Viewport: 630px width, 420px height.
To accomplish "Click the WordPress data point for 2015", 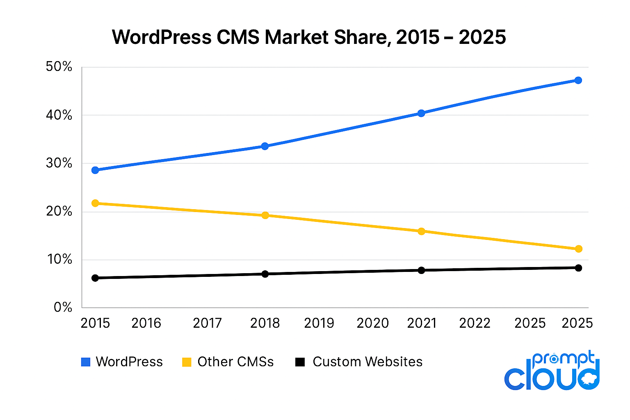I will (95, 170).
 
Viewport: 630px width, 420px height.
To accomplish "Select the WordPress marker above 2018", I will (265, 146).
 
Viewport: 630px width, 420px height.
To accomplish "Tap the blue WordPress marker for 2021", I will (421, 113).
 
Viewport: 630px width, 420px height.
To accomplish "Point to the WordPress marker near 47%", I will (578, 80).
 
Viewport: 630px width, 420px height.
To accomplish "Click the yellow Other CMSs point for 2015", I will (95, 203).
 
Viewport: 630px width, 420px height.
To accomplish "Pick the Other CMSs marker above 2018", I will (265, 215).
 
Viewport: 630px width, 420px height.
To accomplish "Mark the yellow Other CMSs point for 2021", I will (421, 231).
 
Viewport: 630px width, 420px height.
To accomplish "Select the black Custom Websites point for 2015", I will (95, 278).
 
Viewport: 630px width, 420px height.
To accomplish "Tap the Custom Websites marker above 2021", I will (421, 270).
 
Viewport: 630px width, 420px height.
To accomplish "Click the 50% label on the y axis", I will (59, 67).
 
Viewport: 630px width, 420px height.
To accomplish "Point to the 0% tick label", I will (63, 308).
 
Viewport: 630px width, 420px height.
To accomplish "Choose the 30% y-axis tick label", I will (59, 163).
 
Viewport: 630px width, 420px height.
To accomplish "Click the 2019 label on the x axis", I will (319, 323).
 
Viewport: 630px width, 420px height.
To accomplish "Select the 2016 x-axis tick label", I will (146, 323).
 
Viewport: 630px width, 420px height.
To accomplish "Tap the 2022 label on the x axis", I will (475, 323).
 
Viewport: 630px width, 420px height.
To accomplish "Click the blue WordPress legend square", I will (86, 362).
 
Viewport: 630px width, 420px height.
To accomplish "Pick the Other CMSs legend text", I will (235, 362).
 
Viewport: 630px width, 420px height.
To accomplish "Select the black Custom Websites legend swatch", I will (300, 362).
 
